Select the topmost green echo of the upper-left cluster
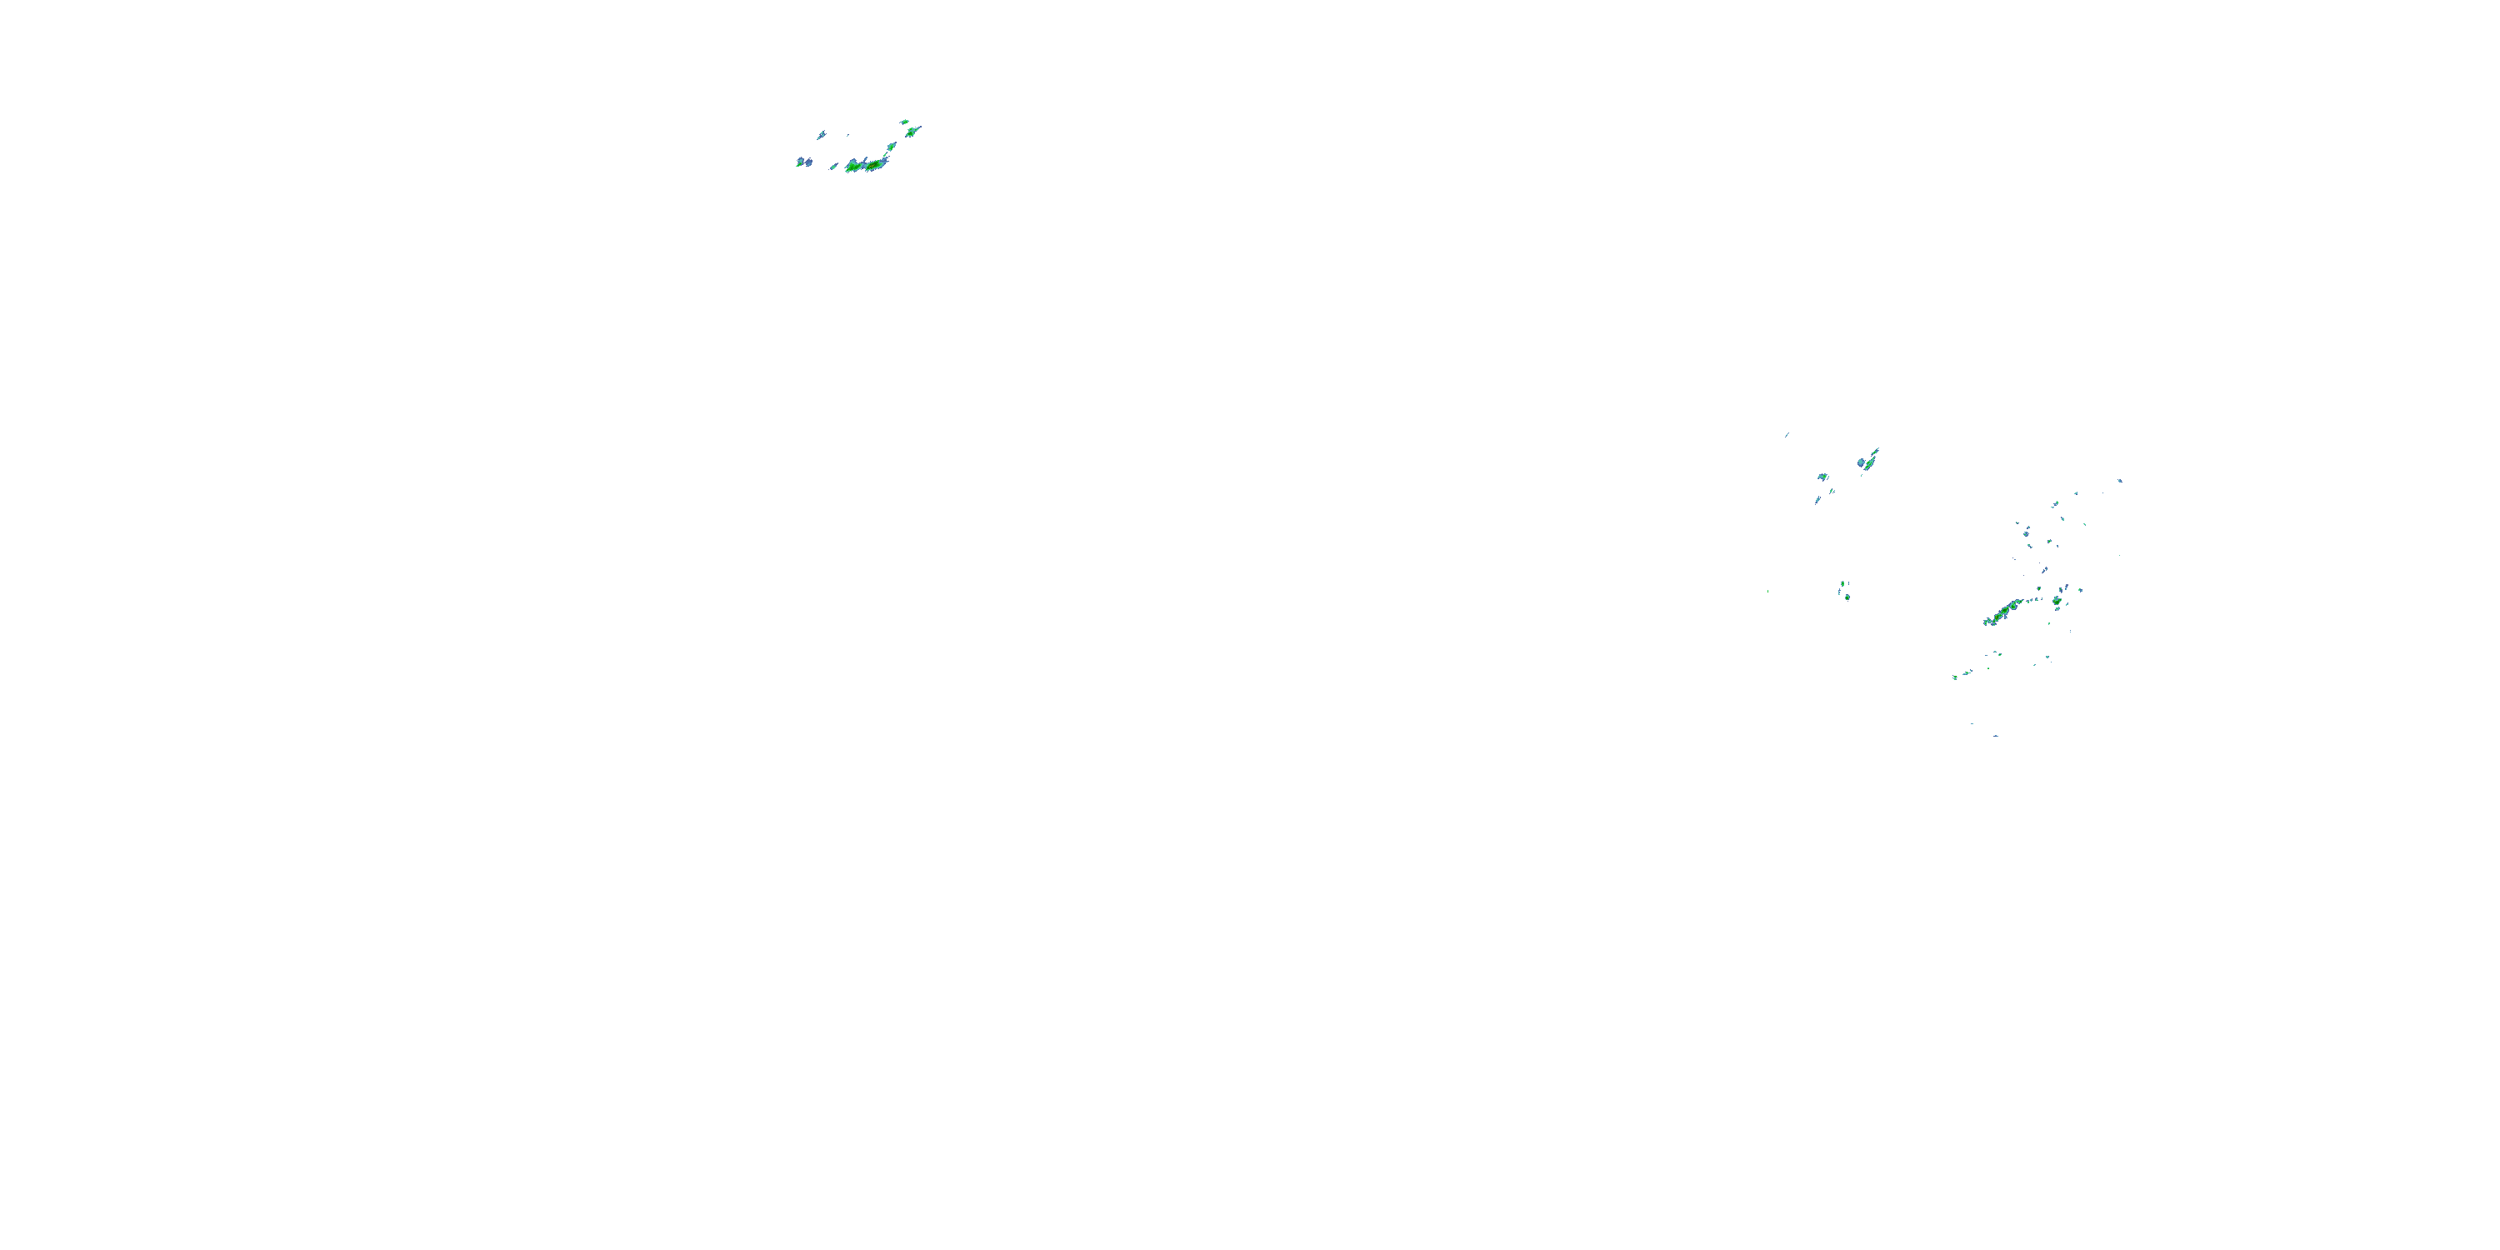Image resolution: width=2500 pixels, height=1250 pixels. tap(904, 122)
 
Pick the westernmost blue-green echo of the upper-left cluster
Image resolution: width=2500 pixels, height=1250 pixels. tap(800, 162)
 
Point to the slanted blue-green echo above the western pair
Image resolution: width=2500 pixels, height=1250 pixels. tap(821, 135)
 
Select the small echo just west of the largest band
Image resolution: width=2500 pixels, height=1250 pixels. tap(833, 167)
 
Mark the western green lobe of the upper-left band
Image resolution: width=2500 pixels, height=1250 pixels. tap(852, 167)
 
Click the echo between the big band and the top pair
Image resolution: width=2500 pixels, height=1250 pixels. tap(891, 147)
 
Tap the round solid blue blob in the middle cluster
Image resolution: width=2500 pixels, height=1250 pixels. tap(1862, 463)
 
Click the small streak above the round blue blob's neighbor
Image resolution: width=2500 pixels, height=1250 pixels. tap(1787, 435)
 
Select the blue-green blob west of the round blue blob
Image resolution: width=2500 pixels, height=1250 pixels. tap(1822, 477)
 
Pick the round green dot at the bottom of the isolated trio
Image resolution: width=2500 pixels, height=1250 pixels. tap(1847, 597)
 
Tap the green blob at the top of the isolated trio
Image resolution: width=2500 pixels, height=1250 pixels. tap(1841, 584)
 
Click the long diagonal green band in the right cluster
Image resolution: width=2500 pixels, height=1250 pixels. tap(2003, 612)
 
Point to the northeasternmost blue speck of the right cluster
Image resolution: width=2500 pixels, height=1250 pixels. tap(2119, 480)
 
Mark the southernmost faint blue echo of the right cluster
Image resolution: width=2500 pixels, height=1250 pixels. tap(1995, 736)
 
